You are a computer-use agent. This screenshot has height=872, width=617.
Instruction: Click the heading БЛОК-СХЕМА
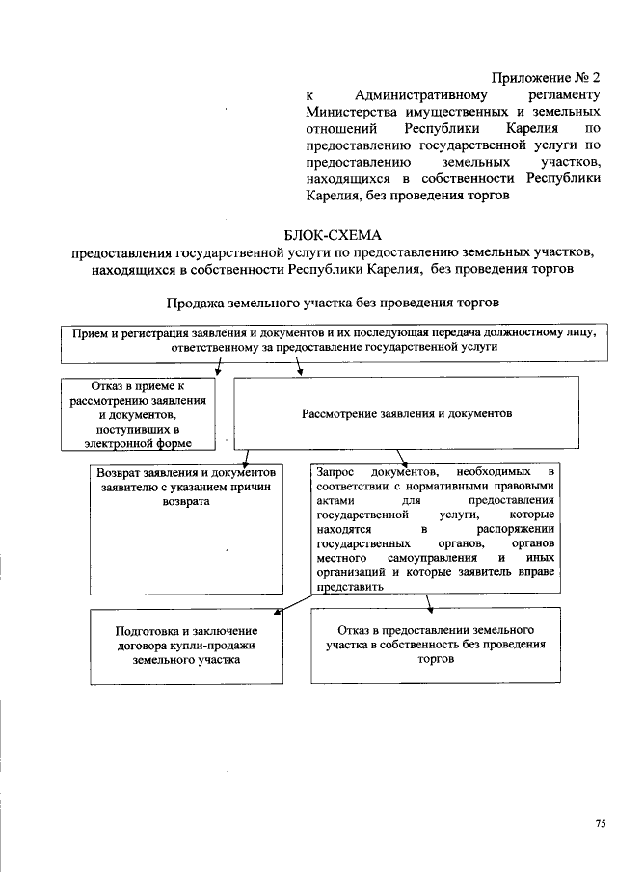334,235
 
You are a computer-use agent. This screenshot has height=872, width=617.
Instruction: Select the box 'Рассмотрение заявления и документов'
407,413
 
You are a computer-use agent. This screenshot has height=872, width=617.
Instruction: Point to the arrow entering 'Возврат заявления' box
247,460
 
